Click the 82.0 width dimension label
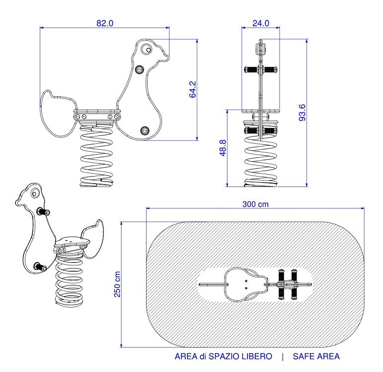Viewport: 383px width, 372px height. coord(105,23)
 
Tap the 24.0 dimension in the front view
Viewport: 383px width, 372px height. coord(260,23)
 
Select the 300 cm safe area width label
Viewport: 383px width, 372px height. coord(255,204)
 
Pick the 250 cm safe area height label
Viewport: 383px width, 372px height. coord(117,284)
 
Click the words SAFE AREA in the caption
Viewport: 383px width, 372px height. coord(316,356)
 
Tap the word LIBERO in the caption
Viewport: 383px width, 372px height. coord(255,356)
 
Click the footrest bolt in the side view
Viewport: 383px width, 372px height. coord(145,130)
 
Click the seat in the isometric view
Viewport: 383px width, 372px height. coord(72,242)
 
